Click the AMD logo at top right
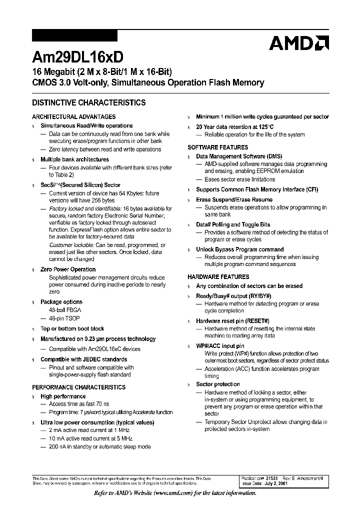point(298,43)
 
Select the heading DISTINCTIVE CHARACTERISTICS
point(89,103)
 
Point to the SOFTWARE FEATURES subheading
point(217,147)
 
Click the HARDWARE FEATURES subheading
point(218,276)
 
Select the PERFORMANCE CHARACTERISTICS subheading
point(79,387)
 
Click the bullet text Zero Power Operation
point(68,269)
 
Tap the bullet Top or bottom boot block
point(72,329)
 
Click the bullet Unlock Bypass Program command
point(239,249)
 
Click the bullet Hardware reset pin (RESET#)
point(232,321)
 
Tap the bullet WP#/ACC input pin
point(220,346)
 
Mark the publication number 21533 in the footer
point(285,478)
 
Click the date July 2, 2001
point(290,484)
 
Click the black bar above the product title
point(74,36)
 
